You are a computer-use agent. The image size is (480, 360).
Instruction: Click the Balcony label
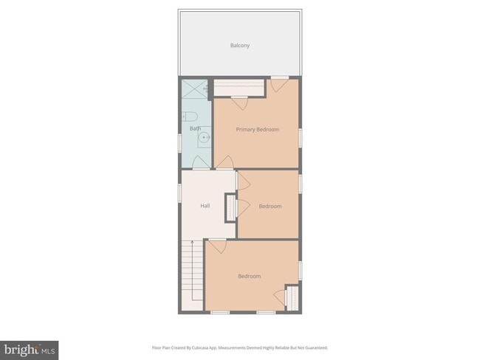point(239,46)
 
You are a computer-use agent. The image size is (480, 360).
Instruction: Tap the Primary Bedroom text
point(258,130)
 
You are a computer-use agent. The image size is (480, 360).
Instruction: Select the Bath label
point(195,128)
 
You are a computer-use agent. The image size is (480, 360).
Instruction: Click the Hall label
point(205,206)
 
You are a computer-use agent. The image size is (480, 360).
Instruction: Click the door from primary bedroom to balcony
point(279,82)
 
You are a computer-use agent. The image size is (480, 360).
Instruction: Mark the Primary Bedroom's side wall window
point(300,136)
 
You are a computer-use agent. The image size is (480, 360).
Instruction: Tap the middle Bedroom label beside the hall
point(270,207)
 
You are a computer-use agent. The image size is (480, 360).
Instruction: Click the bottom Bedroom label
point(249,277)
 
